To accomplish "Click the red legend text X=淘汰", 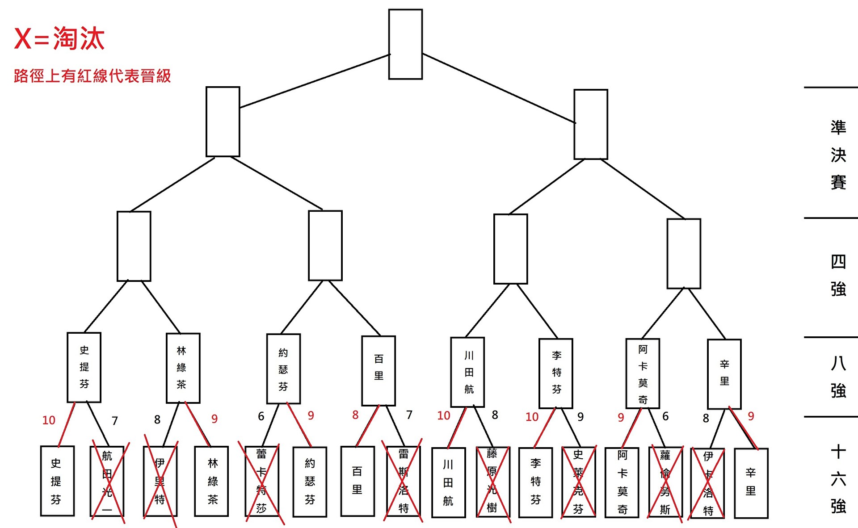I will point(59,38).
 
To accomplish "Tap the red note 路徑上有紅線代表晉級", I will point(92,76).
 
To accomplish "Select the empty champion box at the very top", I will point(405,44).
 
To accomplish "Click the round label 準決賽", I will point(838,155).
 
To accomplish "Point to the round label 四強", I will point(838,275).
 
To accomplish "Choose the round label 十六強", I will point(838,479).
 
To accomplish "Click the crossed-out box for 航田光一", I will point(107,482).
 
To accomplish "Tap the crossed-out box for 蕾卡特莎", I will point(262,482).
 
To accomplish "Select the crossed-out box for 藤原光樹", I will point(492,482).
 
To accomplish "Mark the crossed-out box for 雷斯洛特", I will point(404,482).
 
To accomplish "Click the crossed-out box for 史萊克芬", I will point(578,482).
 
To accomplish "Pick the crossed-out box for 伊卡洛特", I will point(708,482).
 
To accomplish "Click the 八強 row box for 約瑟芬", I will point(283,369).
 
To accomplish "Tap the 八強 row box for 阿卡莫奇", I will point(643,373).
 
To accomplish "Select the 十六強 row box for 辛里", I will point(751,482).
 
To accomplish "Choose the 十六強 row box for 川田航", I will point(448,482).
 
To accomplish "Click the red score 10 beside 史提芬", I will point(49,420).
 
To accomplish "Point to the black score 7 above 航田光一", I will point(115,421).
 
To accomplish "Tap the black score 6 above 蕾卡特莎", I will point(261,416).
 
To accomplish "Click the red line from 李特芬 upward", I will point(545,427).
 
